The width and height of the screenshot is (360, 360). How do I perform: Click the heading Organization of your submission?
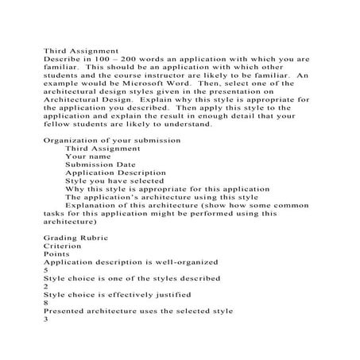pyautogui.click(x=112, y=140)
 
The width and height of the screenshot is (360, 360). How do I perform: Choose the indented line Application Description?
pyautogui.click(x=116, y=183)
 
